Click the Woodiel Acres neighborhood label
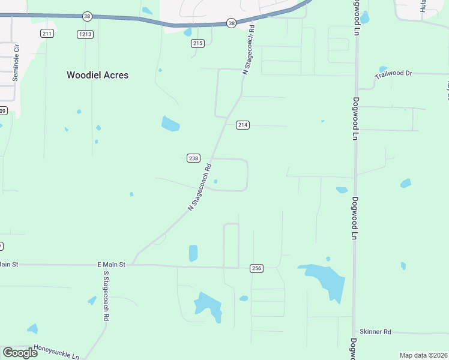pyautogui.click(x=97, y=76)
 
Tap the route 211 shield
pyautogui.click(x=47, y=34)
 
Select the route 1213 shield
pyautogui.click(x=85, y=34)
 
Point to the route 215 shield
pyautogui.click(x=198, y=43)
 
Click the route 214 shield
pyautogui.click(x=243, y=125)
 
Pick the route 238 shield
pyautogui.click(x=193, y=158)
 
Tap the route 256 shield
pyautogui.click(x=257, y=268)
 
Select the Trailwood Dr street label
pyautogui.click(x=394, y=74)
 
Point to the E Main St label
pyautogui.click(x=111, y=264)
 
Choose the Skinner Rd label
pyautogui.click(x=375, y=332)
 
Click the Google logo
pyautogui.click(x=20, y=353)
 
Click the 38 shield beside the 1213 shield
pyautogui.click(x=88, y=17)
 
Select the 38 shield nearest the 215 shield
pyautogui.click(x=231, y=23)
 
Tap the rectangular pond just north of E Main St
pyautogui.click(x=193, y=253)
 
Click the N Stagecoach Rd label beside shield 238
pyautogui.click(x=200, y=187)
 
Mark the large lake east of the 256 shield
pyautogui.click(x=324, y=280)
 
